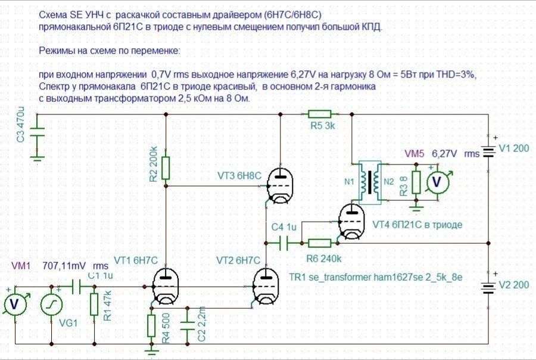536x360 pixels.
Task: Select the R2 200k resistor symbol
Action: pos(166,168)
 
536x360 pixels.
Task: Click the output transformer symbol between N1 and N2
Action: pos(373,181)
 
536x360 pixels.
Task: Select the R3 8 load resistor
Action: pos(416,182)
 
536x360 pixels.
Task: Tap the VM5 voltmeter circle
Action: pos(438,182)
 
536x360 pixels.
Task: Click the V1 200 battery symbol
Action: pos(488,150)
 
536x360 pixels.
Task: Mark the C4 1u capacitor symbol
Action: pos(285,243)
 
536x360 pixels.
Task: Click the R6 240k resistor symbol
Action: pos(320,243)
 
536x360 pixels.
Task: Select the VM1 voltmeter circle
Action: pos(15,305)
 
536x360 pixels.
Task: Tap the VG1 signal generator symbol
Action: pos(52,305)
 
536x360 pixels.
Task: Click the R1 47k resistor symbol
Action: pos(94,304)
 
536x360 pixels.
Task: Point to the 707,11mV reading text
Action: pos(63,265)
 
